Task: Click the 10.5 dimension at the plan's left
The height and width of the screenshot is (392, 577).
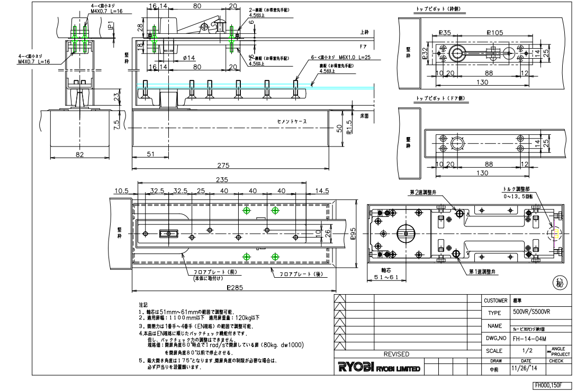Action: click(121, 190)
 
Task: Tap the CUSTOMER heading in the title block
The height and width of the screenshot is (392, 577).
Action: click(495, 300)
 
